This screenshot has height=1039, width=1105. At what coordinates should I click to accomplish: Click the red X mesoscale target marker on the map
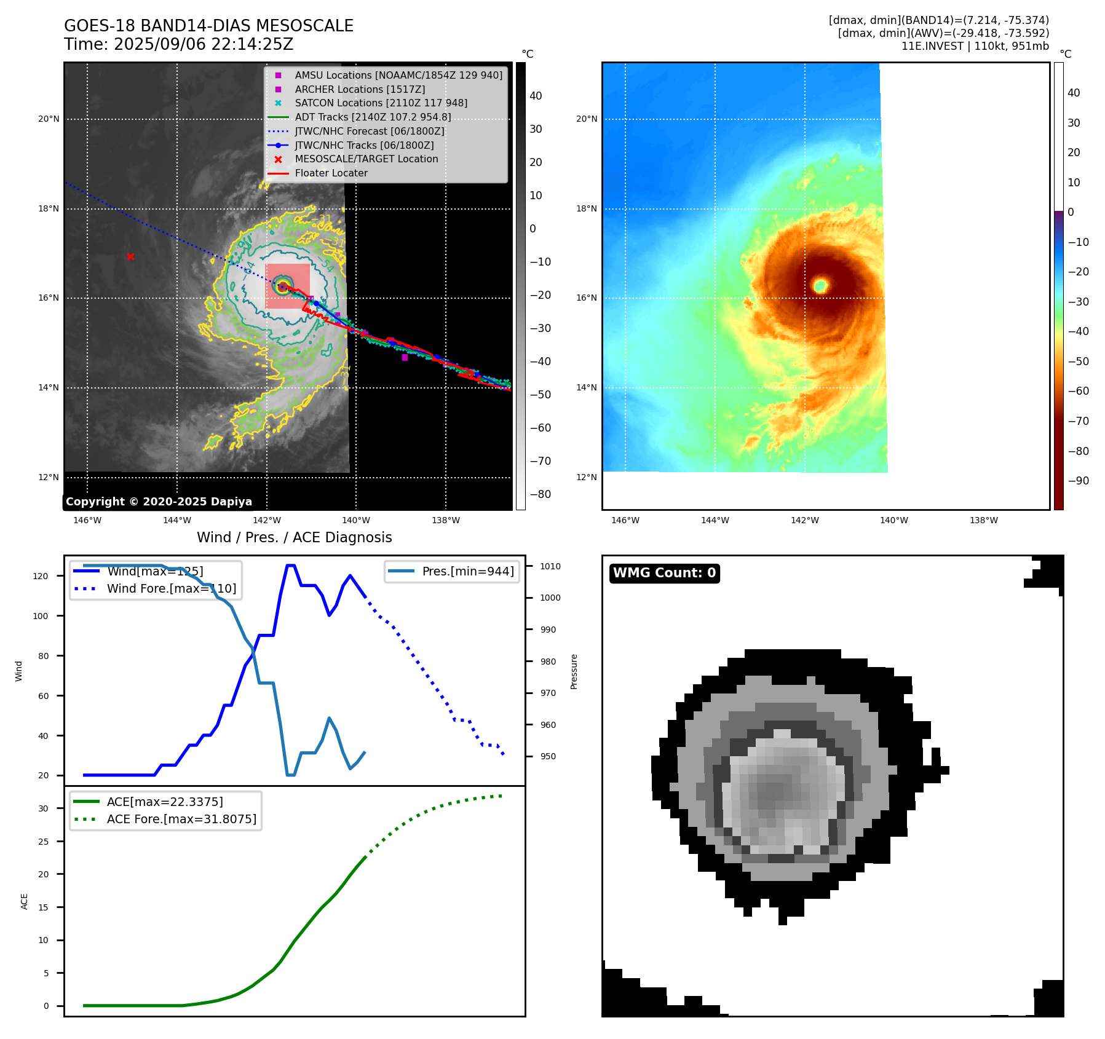click(x=130, y=256)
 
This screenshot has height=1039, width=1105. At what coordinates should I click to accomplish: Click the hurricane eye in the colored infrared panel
click(x=820, y=285)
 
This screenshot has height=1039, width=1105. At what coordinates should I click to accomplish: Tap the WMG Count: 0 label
click(x=664, y=573)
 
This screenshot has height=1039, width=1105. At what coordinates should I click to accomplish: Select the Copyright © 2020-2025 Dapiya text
click(x=159, y=502)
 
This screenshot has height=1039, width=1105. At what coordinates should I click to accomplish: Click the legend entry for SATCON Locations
click(x=381, y=103)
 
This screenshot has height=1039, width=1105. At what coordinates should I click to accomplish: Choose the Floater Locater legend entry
click(x=331, y=173)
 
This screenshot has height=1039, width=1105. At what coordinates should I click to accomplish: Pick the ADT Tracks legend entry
click(x=373, y=117)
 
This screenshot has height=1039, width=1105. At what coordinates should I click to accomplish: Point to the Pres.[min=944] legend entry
click(x=467, y=571)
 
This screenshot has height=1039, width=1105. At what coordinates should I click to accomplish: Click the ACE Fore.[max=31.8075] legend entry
click(x=181, y=819)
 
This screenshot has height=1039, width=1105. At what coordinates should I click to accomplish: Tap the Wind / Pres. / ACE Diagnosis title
click(x=294, y=537)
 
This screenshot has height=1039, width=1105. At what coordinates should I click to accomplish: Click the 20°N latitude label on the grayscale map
click(x=49, y=119)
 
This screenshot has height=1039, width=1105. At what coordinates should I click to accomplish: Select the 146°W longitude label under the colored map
click(x=625, y=520)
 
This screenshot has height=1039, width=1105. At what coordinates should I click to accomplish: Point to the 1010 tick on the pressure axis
click(x=550, y=566)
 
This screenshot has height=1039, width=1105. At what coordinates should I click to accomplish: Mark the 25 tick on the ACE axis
click(x=43, y=842)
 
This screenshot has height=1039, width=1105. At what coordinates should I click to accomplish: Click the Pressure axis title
click(x=574, y=671)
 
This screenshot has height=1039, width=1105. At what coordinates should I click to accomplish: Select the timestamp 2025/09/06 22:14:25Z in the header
click(x=204, y=45)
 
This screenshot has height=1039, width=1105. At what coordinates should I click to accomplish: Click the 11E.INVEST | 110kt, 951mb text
click(x=975, y=46)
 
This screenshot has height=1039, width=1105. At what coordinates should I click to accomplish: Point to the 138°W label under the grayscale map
click(x=446, y=520)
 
